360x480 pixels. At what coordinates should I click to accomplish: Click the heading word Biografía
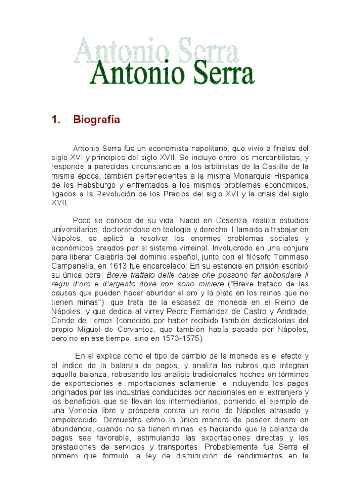[97, 120]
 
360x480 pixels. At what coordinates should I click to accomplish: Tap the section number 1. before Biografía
[57, 120]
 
